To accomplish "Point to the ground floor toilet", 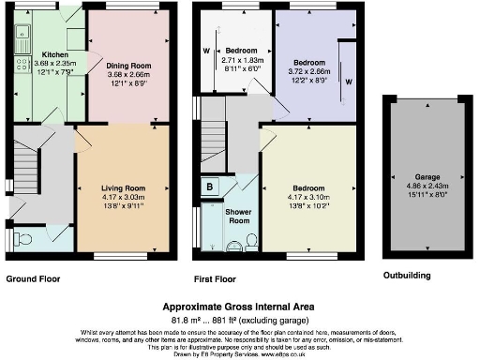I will pyautogui.click(x=25, y=239).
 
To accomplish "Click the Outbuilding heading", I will pyautogui.click(x=409, y=277).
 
